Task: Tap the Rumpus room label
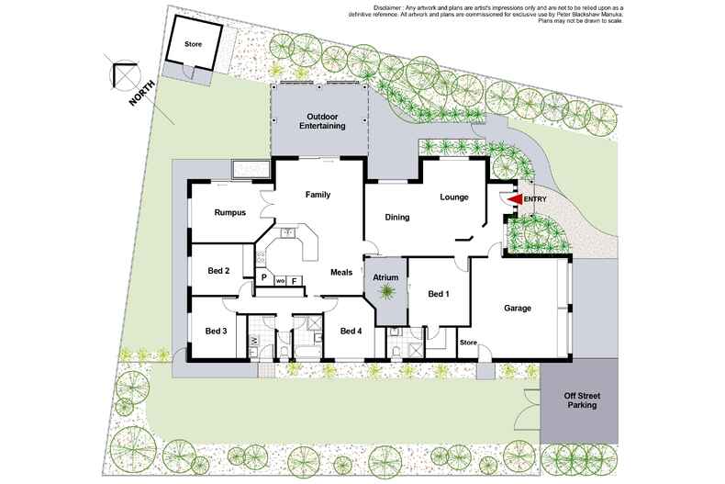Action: [229, 213]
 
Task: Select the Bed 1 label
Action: [439, 294]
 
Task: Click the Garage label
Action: [518, 309]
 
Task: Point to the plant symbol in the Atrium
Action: [385, 292]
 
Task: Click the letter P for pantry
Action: [264, 277]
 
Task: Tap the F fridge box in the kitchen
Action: [294, 280]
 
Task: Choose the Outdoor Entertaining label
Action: [322, 121]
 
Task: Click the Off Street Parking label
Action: [582, 400]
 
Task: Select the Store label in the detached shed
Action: [194, 44]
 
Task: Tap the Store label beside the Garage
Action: [468, 343]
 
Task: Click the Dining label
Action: [397, 217]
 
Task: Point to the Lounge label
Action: [454, 197]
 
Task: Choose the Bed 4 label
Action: [351, 332]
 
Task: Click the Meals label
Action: [341, 273]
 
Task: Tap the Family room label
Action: [318, 195]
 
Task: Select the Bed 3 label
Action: [216, 332]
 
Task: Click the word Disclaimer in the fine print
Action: [387, 8]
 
